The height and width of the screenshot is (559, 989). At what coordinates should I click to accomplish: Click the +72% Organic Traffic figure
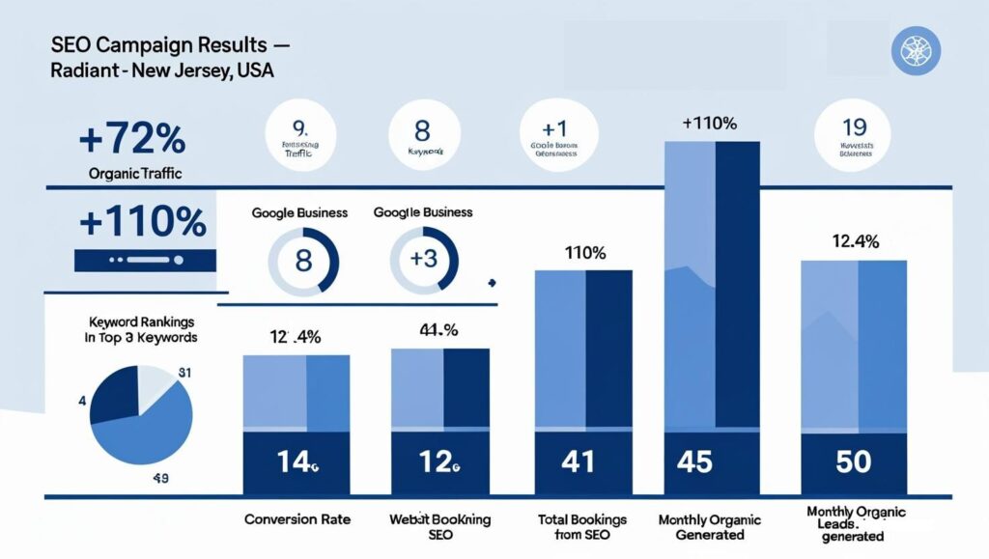(131, 141)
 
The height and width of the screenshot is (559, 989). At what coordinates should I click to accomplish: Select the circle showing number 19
(853, 134)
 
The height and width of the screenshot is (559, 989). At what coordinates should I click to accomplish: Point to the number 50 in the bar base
(853, 461)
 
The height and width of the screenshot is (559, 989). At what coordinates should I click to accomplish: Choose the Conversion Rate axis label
(297, 519)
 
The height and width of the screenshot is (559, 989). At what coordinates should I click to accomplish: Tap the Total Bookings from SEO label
(581, 527)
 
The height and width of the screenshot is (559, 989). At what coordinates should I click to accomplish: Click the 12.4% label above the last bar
(855, 243)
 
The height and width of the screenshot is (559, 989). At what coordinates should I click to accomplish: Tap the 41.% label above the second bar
(438, 330)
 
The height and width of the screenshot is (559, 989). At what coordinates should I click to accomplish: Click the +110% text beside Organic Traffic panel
(142, 223)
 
